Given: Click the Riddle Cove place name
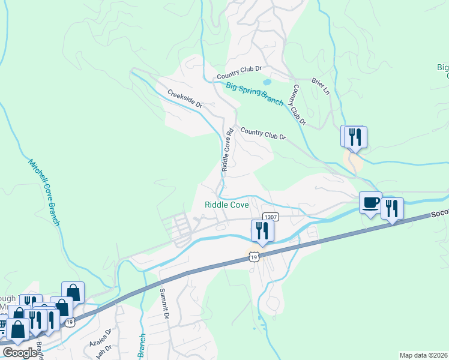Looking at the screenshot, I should click(x=227, y=205).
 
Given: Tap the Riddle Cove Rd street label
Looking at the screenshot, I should click(x=228, y=149).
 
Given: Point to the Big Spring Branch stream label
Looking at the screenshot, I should click(x=255, y=94).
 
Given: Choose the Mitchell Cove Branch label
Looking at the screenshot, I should click(x=44, y=192).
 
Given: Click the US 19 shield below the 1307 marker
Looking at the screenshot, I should click(x=255, y=256).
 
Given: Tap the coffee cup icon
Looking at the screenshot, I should click(x=370, y=202).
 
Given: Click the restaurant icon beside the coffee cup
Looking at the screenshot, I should click(x=392, y=208).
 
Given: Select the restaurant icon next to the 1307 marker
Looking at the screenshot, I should click(x=262, y=230).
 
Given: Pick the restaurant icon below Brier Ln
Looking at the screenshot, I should click(x=354, y=137).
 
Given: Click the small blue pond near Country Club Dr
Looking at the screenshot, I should click(x=267, y=82).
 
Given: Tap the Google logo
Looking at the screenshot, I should click(x=20, y=352).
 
